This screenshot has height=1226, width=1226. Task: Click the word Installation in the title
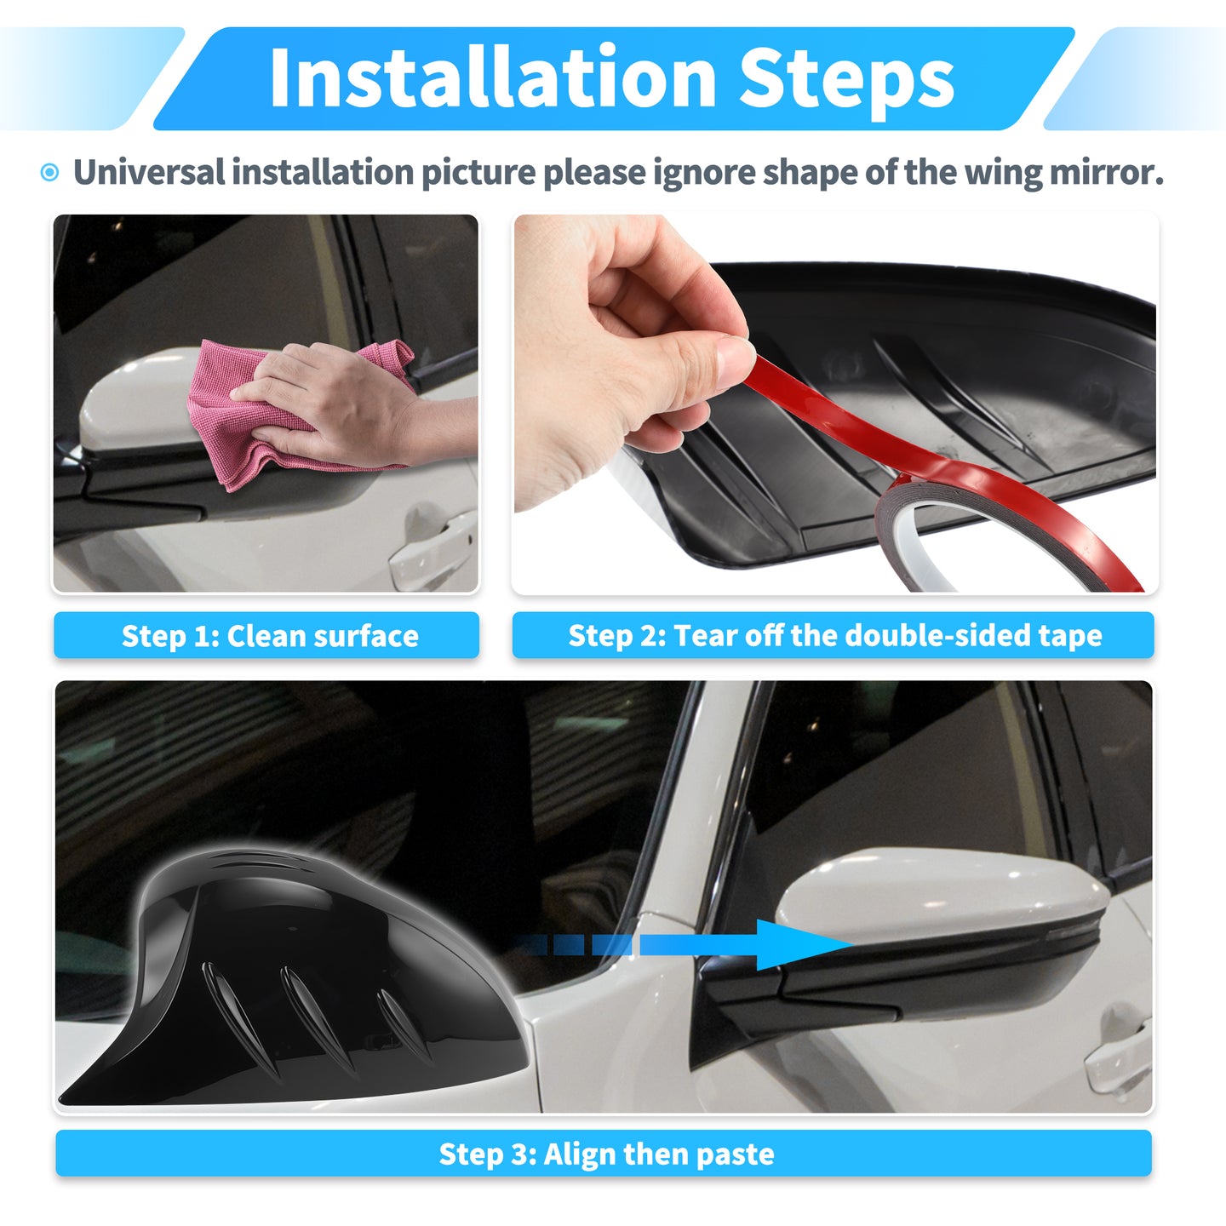pyautogui.click(x=493, y=77)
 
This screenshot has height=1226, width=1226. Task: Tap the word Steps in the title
pyautogui.click(x=847, y=81)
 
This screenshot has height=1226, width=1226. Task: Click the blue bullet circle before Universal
pyautogui.click(x=49, y=172)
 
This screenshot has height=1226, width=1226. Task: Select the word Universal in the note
pyautogui.click(x=149, y=172)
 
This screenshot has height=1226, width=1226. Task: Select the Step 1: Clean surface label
pyautogui.click(x=266, y=635)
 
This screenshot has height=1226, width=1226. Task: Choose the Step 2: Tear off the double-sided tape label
pyautogui.click(x=833, y=635)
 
